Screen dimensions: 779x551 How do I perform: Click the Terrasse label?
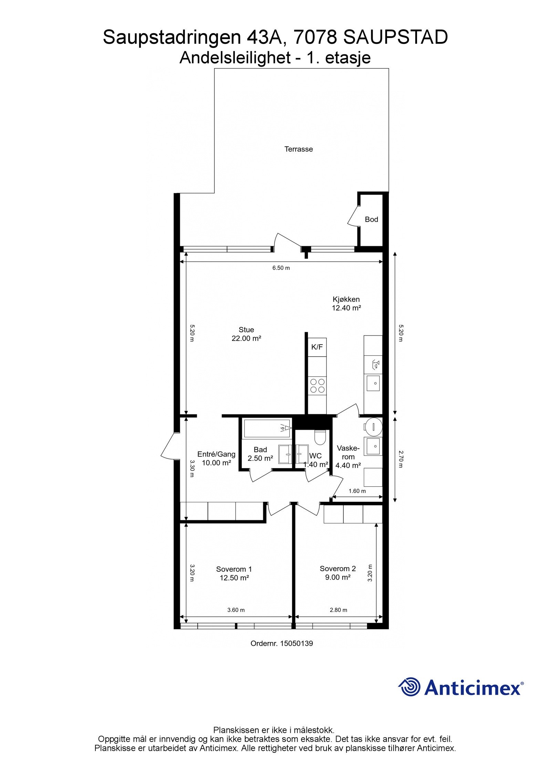coord(298,149)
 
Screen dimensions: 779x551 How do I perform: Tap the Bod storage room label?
coord(371,219)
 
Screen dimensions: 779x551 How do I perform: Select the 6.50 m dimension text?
coord(281,268)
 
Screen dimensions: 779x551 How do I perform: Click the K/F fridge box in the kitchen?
coord(317,347)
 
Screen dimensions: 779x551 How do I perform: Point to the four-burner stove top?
coord(317,386)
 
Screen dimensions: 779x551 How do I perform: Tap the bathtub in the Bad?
coord(267,428)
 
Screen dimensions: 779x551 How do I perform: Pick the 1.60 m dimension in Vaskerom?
coord(357,491)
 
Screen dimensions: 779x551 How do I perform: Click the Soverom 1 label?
coord(234,569)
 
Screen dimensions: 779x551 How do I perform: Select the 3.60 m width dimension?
coord(236,610)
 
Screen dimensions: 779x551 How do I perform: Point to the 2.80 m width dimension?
coord(338,610)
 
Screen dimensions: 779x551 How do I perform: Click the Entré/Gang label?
coord(216,454)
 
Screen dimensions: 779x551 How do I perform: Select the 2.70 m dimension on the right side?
coord(400,459)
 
